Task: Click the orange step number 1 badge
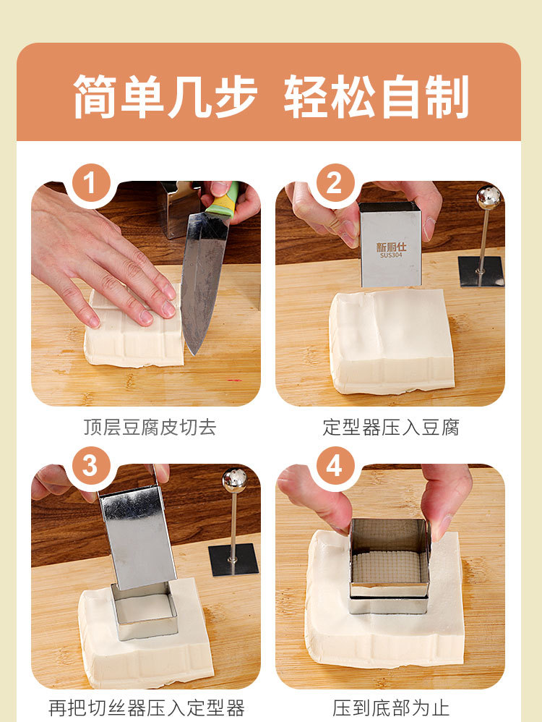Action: pos(90,183)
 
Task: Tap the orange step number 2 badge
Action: pos(335,183)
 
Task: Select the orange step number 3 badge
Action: pos(90,466)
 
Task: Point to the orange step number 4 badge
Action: pos(335,466)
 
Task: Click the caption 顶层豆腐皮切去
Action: pos(150,427)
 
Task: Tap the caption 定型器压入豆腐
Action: pos(391,427)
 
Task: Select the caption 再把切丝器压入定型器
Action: pos(146,708)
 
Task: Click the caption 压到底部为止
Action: pos(391,708)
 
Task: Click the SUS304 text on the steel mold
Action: pos(391,255)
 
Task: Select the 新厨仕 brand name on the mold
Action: pos(391,247)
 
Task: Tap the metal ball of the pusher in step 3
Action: pos(235,480)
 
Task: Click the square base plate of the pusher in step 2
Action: pos(481,272)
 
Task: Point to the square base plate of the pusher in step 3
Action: pos(233,559)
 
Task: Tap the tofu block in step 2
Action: pos(391,341)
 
